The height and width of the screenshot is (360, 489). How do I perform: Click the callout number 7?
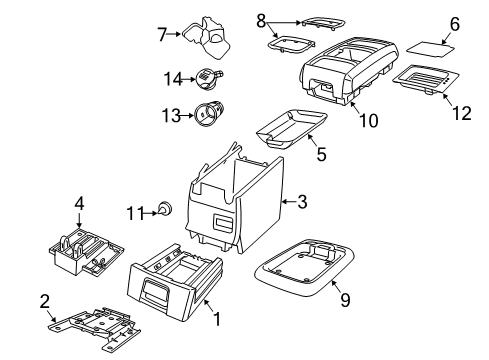click(162, 34)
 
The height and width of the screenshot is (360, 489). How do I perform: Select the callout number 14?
click(173, 79)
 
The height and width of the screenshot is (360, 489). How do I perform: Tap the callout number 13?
click(171, 116)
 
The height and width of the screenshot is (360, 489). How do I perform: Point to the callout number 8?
click(261, 21)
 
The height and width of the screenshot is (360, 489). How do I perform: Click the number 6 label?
click(455, 24)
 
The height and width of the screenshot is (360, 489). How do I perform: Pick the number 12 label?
click(462, 113)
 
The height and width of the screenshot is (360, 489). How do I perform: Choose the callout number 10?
click(369, 120)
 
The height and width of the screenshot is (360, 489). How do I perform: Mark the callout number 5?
click(321, 154)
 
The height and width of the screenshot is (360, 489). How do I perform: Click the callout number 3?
click(302, 202)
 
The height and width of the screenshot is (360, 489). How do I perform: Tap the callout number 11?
click(136, 213)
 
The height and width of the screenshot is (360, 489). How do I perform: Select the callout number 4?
click(79, 203)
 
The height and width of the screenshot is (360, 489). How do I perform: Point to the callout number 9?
click(345, 299)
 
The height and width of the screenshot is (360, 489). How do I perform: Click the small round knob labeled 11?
click(165, 209)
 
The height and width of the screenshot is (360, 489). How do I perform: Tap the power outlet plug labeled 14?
click(209, 78)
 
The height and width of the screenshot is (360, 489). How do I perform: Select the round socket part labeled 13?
click(209, 113)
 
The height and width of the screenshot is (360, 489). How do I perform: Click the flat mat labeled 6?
click(430, 49)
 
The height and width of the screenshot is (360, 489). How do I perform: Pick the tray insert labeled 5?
click(291, 128)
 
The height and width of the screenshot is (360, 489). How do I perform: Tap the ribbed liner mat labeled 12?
click(426, 79)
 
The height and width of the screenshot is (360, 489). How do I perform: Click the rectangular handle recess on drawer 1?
click(155, 289)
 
